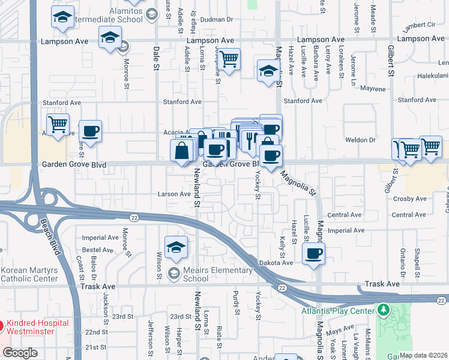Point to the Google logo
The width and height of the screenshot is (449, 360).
(20, 353)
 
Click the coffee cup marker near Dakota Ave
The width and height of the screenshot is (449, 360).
(313, 253)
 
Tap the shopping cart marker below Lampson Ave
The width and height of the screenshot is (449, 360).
(229, 59)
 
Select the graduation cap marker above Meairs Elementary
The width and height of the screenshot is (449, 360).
(176, 247)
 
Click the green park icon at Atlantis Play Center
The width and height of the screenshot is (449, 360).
(384, 311)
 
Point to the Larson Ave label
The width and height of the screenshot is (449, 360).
(173, 194)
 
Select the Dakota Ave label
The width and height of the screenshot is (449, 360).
(276, 262)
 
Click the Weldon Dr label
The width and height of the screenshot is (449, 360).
(364, 140)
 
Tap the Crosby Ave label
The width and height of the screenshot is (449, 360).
(410, 199)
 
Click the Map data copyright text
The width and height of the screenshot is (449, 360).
(423, 355)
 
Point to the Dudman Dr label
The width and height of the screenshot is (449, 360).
(216, 19)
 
